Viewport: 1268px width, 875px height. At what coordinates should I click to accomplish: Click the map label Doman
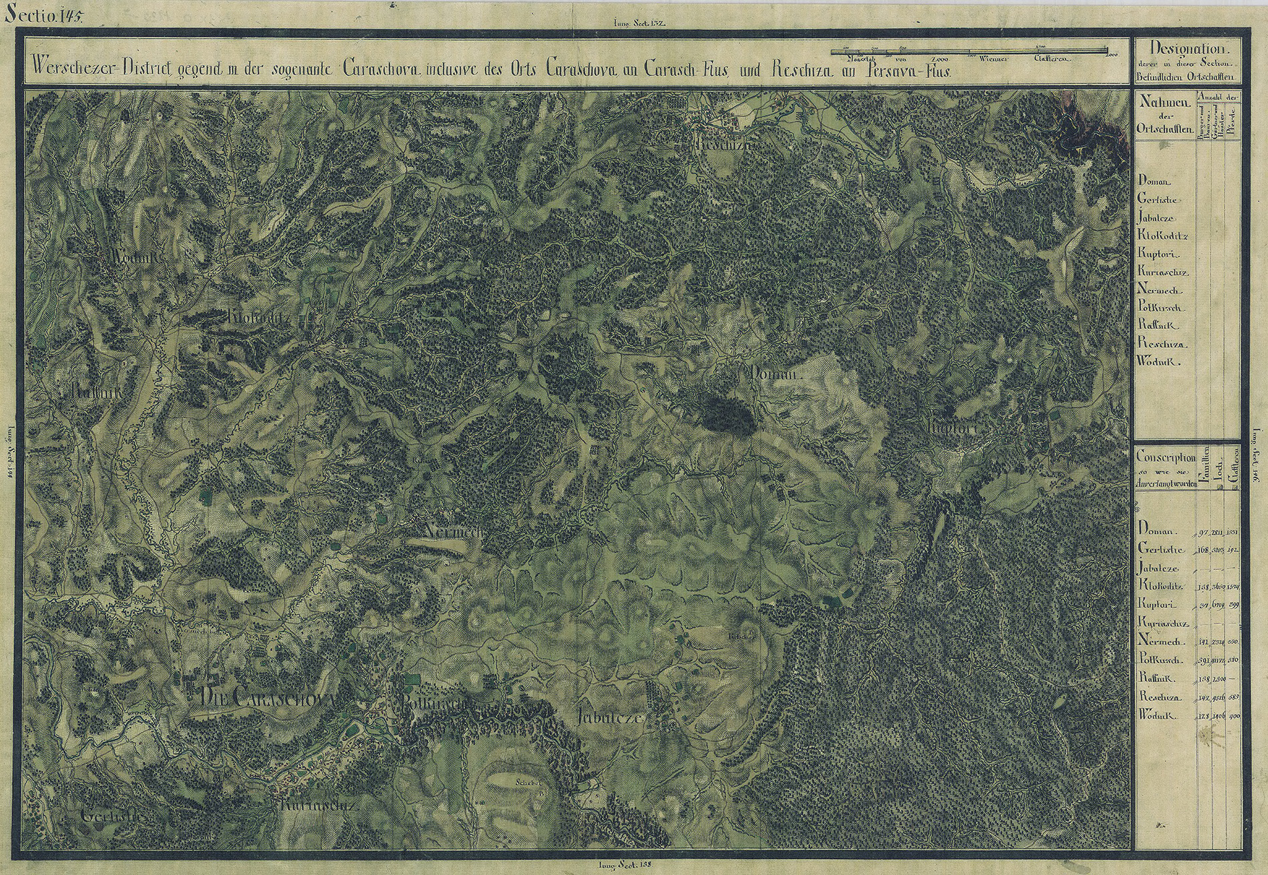click(774, 376)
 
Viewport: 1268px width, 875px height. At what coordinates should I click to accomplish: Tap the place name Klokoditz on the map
click(260, 318)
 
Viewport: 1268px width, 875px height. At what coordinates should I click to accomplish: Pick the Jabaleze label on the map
click(610, 718)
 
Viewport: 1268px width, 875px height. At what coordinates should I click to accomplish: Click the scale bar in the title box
click(968, 51)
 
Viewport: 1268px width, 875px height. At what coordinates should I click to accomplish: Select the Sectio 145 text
click(41, 17)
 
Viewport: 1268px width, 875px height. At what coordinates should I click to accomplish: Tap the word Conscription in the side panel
click(1166, 458)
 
